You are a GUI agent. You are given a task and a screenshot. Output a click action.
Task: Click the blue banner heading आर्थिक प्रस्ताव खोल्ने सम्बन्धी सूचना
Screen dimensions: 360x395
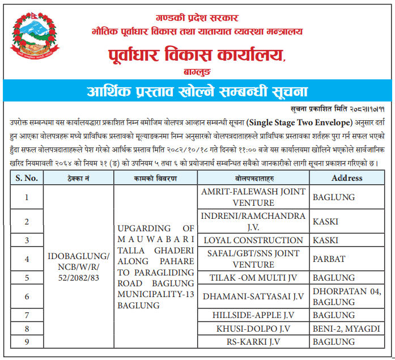point(197,91)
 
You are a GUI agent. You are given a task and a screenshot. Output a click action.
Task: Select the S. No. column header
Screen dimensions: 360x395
point(27,178)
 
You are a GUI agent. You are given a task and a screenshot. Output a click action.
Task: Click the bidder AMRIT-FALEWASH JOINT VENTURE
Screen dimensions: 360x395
point(253,197)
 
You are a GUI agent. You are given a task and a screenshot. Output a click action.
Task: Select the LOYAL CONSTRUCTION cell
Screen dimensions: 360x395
point(253,240)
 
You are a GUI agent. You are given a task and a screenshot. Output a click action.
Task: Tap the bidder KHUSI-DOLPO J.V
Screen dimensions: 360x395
point(253,328)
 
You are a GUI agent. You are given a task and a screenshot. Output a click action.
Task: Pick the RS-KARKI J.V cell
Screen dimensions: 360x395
point(253,342)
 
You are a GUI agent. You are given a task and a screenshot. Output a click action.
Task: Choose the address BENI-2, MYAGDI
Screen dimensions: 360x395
point(346,328)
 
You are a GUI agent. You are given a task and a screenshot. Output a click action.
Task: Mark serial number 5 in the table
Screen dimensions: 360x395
point(27,278)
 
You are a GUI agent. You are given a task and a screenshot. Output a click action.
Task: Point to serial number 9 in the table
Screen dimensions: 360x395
point(27,342)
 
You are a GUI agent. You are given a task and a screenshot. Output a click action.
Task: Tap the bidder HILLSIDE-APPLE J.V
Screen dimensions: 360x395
point(253,315)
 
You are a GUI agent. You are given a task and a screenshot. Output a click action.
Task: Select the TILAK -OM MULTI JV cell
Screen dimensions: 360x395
point(253,278)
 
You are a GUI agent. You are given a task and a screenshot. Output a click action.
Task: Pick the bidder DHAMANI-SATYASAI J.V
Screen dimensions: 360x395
point(253,297)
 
